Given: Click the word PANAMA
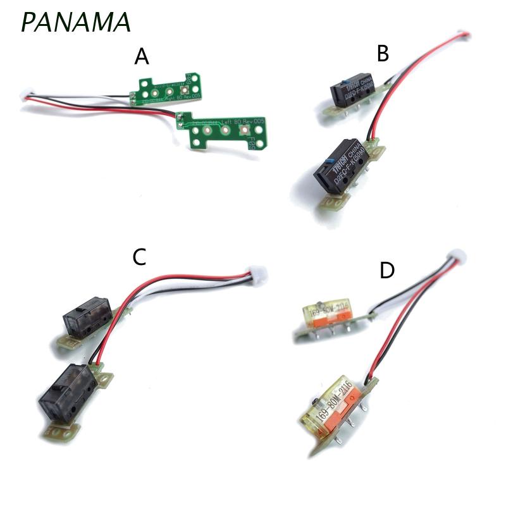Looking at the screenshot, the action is (76, 22).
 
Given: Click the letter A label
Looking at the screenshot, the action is (142, 58).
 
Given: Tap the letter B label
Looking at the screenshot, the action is (382, 54).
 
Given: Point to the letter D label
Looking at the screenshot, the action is (387, 271).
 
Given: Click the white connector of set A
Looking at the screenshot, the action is (28, 96).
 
